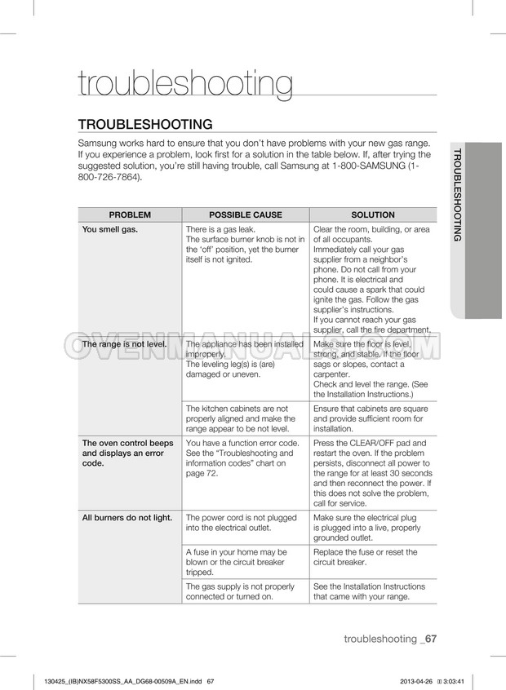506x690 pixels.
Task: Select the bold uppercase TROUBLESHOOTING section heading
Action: point(145,124)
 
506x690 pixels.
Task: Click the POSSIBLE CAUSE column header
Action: point(246,215)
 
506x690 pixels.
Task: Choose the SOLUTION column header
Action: point(372,215)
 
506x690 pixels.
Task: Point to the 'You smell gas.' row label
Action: point(110,229)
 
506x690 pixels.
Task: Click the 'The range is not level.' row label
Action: point(125,344)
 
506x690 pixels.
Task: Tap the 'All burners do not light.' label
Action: point(127,517)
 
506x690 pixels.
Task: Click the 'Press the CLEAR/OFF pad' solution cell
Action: point(372,474)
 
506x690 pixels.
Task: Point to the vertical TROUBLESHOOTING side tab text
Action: point(457,195)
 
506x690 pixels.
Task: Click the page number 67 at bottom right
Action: point(431,639)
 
